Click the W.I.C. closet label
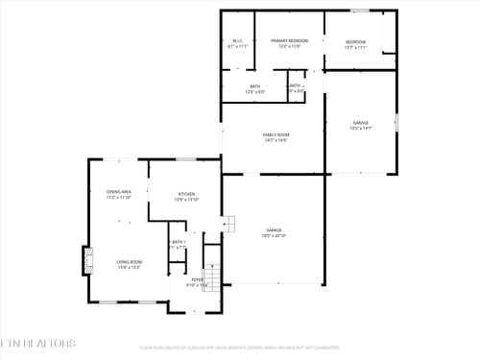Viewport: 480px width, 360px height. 239,43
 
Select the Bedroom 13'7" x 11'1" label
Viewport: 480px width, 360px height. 357,44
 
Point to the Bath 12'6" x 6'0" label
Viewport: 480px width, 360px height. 255,89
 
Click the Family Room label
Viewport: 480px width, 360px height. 276,137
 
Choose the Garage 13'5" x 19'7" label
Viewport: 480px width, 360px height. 361,126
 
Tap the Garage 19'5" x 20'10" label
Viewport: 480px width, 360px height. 274,233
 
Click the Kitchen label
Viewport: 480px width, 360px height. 187,197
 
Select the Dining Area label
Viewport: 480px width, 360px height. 119,195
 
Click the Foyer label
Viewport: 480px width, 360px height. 197,281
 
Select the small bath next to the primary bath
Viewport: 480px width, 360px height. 297,88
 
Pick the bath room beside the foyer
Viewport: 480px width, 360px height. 178,245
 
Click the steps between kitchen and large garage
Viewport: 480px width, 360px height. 228,225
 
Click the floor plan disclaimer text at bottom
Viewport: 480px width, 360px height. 240,348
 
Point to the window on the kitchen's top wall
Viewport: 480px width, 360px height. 186,159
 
